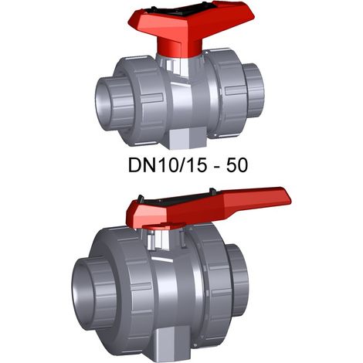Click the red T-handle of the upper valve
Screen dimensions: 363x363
coord(191,29)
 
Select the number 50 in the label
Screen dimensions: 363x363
coord(237,165)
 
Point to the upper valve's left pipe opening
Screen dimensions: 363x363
coord(103,100)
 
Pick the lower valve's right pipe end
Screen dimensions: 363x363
coord(237,280)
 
